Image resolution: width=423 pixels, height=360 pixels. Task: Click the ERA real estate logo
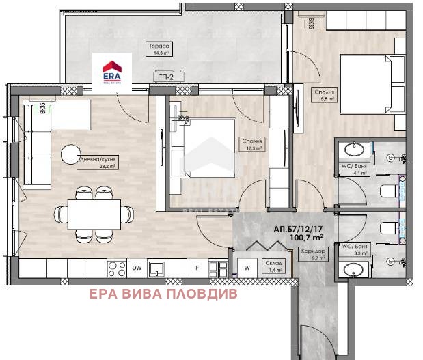[112, 72]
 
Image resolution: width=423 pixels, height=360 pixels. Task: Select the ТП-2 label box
[165, 79]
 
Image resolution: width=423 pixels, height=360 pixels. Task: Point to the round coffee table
[70, 155]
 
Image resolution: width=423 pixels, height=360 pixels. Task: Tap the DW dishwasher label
[136, 268]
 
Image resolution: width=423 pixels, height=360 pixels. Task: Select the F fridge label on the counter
[197, 268]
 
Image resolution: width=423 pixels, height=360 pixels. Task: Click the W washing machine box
[245, 268]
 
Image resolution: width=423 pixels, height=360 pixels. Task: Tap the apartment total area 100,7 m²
[307, 239]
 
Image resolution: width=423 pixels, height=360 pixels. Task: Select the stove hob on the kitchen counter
[115, 268]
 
